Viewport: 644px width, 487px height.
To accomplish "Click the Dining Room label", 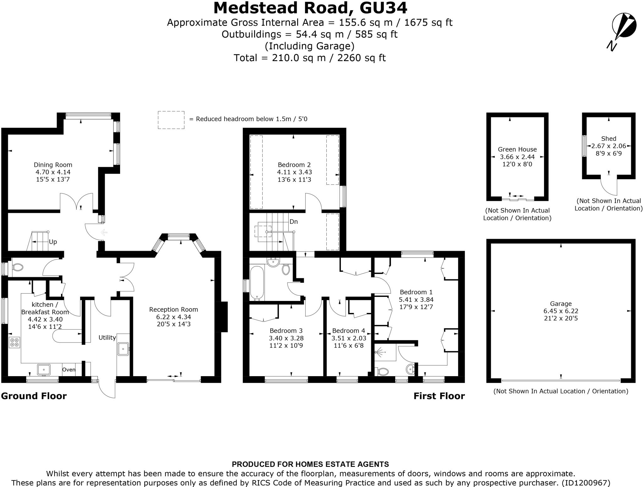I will click(x=53, y=165).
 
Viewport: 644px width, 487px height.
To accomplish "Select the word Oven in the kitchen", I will click(x=69, y=370).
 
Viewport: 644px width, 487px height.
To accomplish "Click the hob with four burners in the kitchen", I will click(x=14, y=342).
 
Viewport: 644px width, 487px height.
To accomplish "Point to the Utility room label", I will click(x=107, y=337).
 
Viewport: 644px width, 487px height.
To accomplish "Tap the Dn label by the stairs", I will click(x=293, y=222).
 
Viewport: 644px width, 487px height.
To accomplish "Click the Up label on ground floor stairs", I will click(x=53, y=242).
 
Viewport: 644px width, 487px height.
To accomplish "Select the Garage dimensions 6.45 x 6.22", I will click(x=561, y=311).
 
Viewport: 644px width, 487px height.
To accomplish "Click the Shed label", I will click(x=608, y=139).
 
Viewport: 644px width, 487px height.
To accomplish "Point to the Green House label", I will click(x=517, y=149).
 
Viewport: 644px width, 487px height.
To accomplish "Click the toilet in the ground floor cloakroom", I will click(x=18, y=268).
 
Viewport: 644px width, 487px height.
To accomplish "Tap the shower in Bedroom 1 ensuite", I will click(x=380, y=352).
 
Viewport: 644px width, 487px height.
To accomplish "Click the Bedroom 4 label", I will click(x=348, y=331).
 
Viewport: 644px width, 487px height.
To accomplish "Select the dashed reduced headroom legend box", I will click(x=171, y=120).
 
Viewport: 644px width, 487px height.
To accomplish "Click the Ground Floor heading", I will click(x=34, y=396).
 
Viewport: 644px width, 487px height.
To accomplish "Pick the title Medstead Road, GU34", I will click(x=310, y=8).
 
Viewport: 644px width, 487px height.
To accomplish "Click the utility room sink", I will click(x=123, y=349).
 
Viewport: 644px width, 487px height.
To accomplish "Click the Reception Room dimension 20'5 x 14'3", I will click(x=174, y=324).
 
